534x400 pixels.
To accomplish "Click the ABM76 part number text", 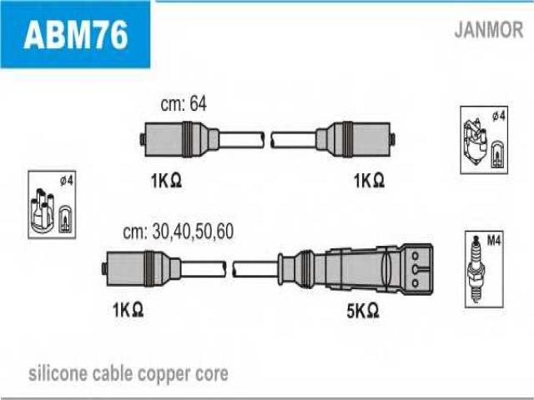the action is (76, 34).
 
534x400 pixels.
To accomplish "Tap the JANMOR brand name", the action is (489, 30).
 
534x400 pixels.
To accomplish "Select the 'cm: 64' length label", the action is (184, 103).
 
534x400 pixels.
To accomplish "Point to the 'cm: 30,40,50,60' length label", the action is (178, 232).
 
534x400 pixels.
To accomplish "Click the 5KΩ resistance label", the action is (363, 311).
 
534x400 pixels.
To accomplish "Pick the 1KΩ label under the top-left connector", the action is (166, 181).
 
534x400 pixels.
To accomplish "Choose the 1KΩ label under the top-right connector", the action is (369, 180).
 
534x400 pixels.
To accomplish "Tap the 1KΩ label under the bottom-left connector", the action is (128, 310).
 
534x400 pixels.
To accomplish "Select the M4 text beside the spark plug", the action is (493, 241).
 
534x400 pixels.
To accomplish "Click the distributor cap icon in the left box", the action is (43, 211).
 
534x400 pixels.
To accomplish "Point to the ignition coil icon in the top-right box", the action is (475, 142).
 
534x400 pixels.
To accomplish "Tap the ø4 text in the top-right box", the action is (499, 117).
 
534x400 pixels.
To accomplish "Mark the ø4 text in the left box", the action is (67, 181).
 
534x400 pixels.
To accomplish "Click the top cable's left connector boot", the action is (180, 139).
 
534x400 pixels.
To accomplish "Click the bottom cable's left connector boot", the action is (142, 268).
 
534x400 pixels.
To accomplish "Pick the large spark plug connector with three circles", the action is (356, 268).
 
